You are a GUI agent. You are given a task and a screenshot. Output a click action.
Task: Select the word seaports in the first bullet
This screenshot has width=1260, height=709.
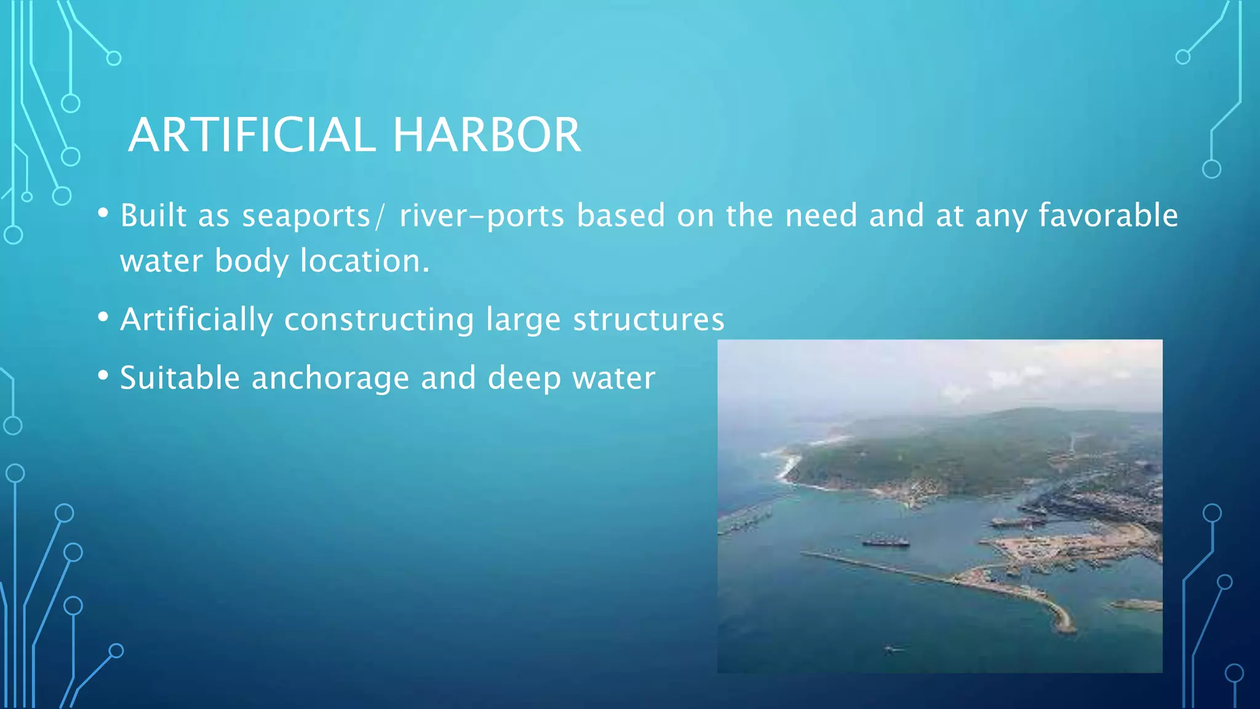[x=306, y=216]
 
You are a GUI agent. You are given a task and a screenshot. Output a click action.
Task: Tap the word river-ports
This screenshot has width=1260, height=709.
[x=481, y=216]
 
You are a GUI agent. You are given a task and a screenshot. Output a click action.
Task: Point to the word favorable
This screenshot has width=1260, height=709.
[x=1108, y=216]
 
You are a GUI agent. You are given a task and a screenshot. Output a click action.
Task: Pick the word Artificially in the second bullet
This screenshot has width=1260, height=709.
[x=196, y=319]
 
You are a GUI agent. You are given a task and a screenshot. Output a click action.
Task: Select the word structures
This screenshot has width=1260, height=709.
[x=648, y=319]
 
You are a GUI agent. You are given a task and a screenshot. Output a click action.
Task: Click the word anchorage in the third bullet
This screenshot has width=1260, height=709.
[x=330, y=378]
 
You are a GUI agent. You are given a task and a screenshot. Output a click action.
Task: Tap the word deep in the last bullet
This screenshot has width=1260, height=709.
[x=524, y=378]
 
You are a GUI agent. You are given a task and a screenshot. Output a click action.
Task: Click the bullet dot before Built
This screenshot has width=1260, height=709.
[x=103, y=214]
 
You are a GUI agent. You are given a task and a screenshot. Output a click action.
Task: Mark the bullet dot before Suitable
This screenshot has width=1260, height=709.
[x=103, y=375]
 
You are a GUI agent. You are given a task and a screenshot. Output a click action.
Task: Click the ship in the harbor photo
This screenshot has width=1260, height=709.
[x=885, y=542]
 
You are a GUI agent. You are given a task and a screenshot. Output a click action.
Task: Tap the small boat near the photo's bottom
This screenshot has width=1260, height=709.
[x=891, y=649]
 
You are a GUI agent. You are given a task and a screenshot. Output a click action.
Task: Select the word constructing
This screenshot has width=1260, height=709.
[x=379, y=319]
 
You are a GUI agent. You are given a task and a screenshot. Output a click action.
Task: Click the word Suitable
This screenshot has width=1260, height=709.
[x=180, y=378]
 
